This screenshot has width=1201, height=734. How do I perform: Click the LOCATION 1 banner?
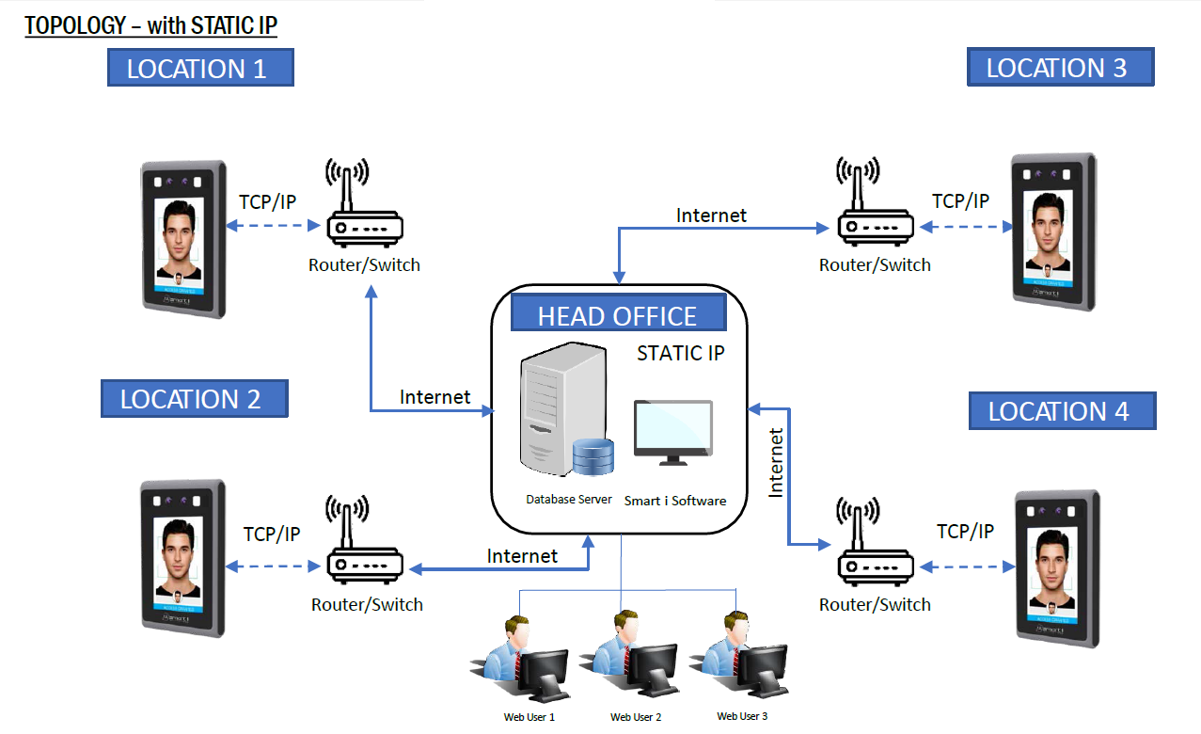[x=199, y=68]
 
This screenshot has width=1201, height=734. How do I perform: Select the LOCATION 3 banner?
[x=1060, y=68]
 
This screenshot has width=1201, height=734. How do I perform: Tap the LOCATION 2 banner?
[x=194, y=398]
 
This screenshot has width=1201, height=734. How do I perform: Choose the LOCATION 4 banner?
[x=1062, y=411]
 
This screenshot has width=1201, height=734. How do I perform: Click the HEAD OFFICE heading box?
[x=618, y=313]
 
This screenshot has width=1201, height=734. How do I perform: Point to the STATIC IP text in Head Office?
[x=681, y=354]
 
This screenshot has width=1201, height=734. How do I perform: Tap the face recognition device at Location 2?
[x=182, y=557]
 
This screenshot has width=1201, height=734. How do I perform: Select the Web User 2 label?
[x=636, y=717]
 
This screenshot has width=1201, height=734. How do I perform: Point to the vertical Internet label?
[x=776, y=462]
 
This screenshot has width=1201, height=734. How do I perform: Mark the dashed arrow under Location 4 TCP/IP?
[x=969, y=566]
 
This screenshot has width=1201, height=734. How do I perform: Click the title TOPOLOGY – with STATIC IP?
[x=150, y=25]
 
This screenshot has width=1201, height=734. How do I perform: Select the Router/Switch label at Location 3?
[x=875, y=265]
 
